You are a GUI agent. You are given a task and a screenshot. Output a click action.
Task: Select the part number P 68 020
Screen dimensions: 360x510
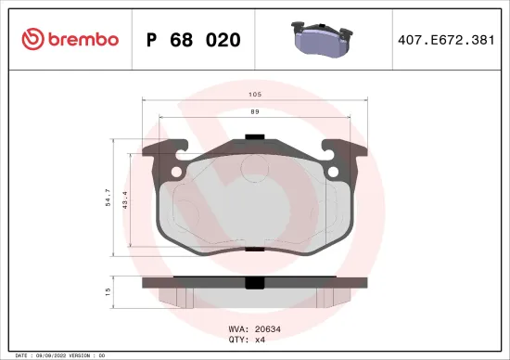pyautogui.click(x=194, y=40)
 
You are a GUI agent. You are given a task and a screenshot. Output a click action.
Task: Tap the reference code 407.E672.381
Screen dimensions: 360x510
pyautogui.click(x=443, y=40)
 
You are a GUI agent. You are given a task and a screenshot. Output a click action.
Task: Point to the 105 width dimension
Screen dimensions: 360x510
pyautogui.click(x=254, y=95)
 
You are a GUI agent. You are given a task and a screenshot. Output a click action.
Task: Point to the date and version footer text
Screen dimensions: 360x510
pyautogui.click(x=57, y=355)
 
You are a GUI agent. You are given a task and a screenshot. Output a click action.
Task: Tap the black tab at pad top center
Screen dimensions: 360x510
pyautogui.click(x=253, y=138)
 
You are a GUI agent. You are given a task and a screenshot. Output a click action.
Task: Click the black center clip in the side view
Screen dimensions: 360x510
pyautogui.click(x=252, y=282)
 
